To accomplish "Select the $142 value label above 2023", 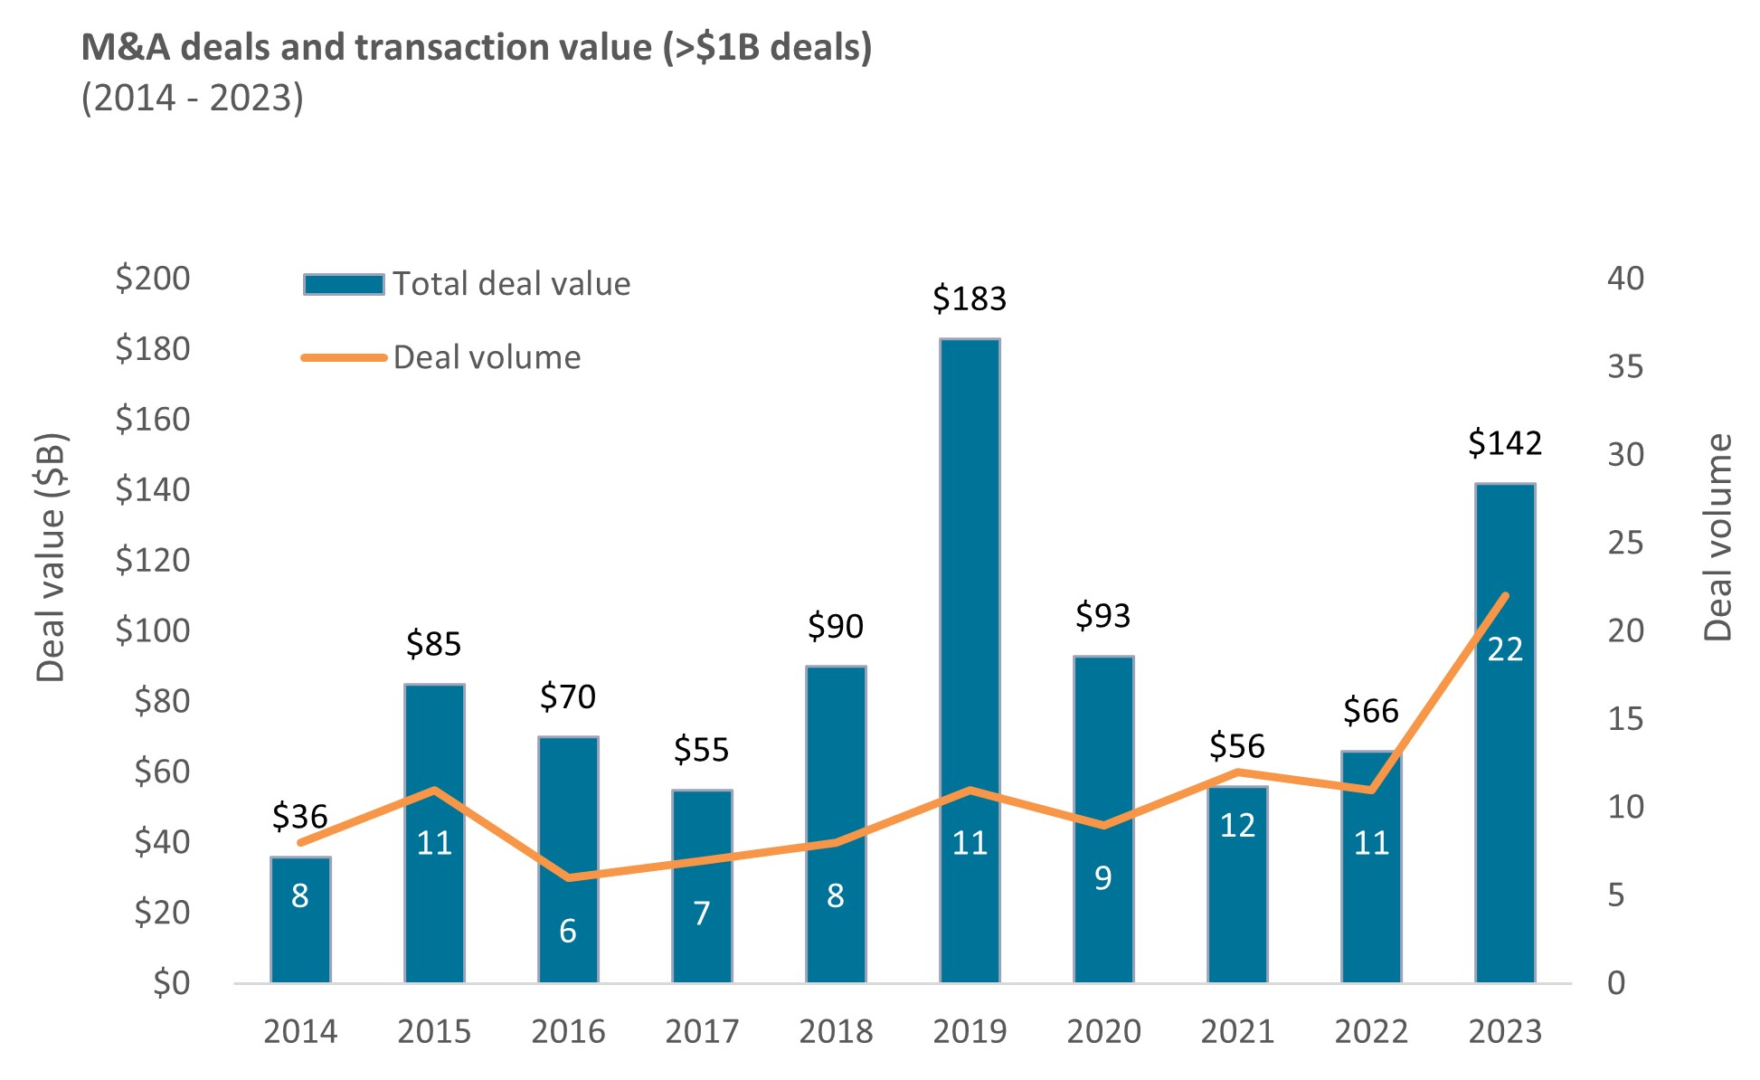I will tap(1504, 443).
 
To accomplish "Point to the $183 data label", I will tap(969, 298).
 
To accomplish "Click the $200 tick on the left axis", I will tap(153, 278).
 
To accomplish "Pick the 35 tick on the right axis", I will tap(1625, 366).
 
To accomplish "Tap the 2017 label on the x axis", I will tap(702, 1031).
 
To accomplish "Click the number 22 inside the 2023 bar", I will tap(1505, 649).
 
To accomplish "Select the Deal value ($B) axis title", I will tap(52, 557).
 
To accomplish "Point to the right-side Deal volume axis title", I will tap(1717, 537).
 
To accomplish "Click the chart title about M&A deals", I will tap(477, 47).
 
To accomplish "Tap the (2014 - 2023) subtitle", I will tap(193, 98).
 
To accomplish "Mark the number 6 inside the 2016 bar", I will tap(568, 931).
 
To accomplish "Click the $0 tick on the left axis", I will tap(171, 982).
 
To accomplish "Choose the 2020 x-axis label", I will tap(1103, 1031).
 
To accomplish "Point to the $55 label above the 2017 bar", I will tap(701, 750).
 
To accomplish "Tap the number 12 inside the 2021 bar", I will tap(1237, 825).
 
